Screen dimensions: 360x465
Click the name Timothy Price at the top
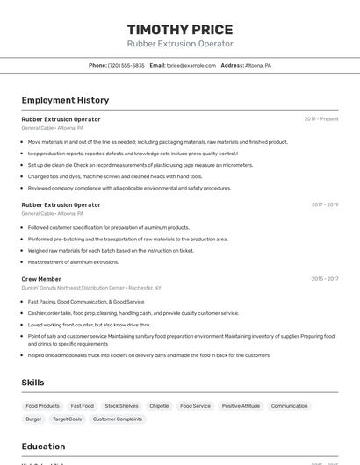[x=180, y=29]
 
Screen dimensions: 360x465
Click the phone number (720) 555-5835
[x=126, y=65]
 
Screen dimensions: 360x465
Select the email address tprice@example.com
[x=191, y=65]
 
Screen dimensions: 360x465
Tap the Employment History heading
[x=65, y=100]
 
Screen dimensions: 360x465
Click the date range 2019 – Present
[x=321, y=118]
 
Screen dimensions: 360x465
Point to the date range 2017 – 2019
[x=324, y=204]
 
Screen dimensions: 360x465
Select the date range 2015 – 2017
[x=324, y=279]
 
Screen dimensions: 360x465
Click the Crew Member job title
[x=41, y=279]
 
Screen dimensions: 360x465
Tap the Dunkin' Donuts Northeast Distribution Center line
[x=91, y=288]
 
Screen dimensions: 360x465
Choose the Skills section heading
[x=32, y=383]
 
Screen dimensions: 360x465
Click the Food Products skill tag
[x=43, y=406]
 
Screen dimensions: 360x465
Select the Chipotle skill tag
[x=159, y=406]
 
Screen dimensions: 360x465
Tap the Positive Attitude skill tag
[x=241, y=406]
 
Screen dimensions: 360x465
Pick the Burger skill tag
[x=33, y=419]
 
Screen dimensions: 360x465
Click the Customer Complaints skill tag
[x=118, y=419]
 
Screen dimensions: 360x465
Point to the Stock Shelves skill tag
[x=122, y=406]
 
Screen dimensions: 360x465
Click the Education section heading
[x=43, y=447]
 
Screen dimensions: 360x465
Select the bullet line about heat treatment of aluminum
[x=73, y=261]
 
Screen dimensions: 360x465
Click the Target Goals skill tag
[x=68, y=419]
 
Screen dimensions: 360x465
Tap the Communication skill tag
[x=289, y=406]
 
